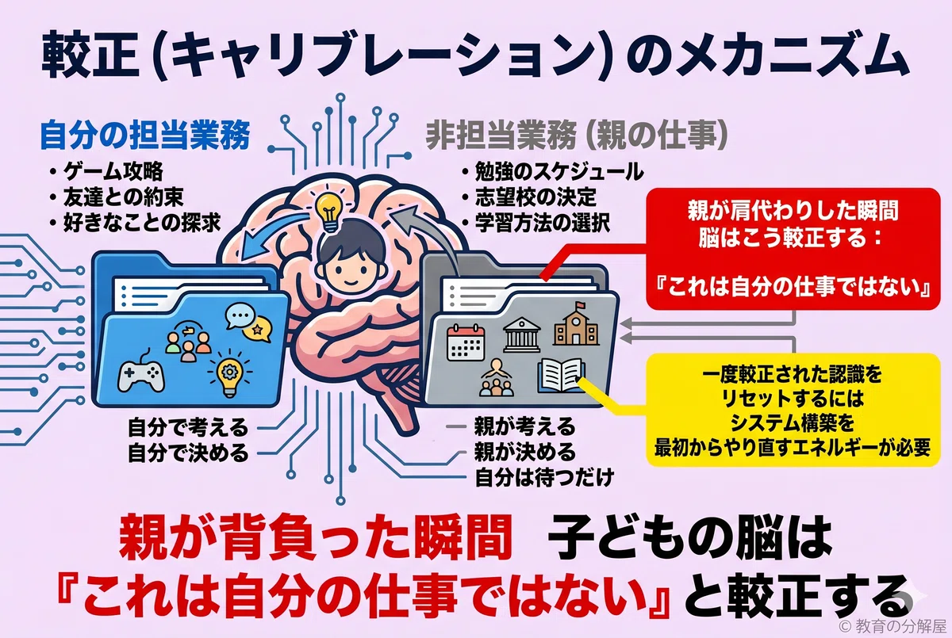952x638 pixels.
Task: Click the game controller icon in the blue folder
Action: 141,376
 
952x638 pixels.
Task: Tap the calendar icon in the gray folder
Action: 466,342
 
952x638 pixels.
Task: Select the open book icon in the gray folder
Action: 561,376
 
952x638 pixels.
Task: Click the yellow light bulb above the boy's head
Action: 330,212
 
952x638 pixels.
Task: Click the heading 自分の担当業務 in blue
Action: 145,136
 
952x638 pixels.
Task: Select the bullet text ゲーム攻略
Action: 113,172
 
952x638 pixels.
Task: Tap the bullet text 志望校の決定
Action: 536,197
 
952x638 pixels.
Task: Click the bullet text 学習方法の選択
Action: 543,223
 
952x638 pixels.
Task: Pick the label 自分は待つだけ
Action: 544,478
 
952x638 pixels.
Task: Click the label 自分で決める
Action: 188,453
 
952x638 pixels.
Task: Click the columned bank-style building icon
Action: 521,335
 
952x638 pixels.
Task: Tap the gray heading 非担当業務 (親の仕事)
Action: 577,136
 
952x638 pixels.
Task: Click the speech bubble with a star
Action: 257,329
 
